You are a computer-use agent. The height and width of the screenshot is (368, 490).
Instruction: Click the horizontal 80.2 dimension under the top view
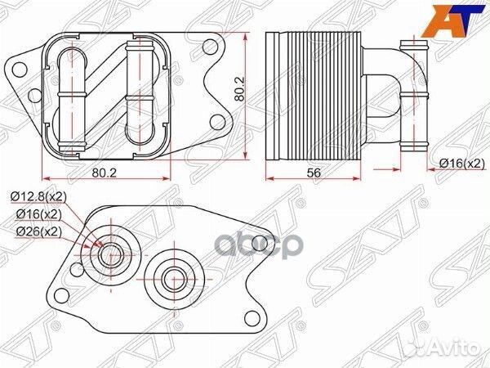coord(103,173)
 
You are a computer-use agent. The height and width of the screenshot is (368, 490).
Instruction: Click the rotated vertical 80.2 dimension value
coord(238,88)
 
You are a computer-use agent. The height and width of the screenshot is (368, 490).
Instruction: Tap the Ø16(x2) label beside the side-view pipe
coord(459,164)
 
